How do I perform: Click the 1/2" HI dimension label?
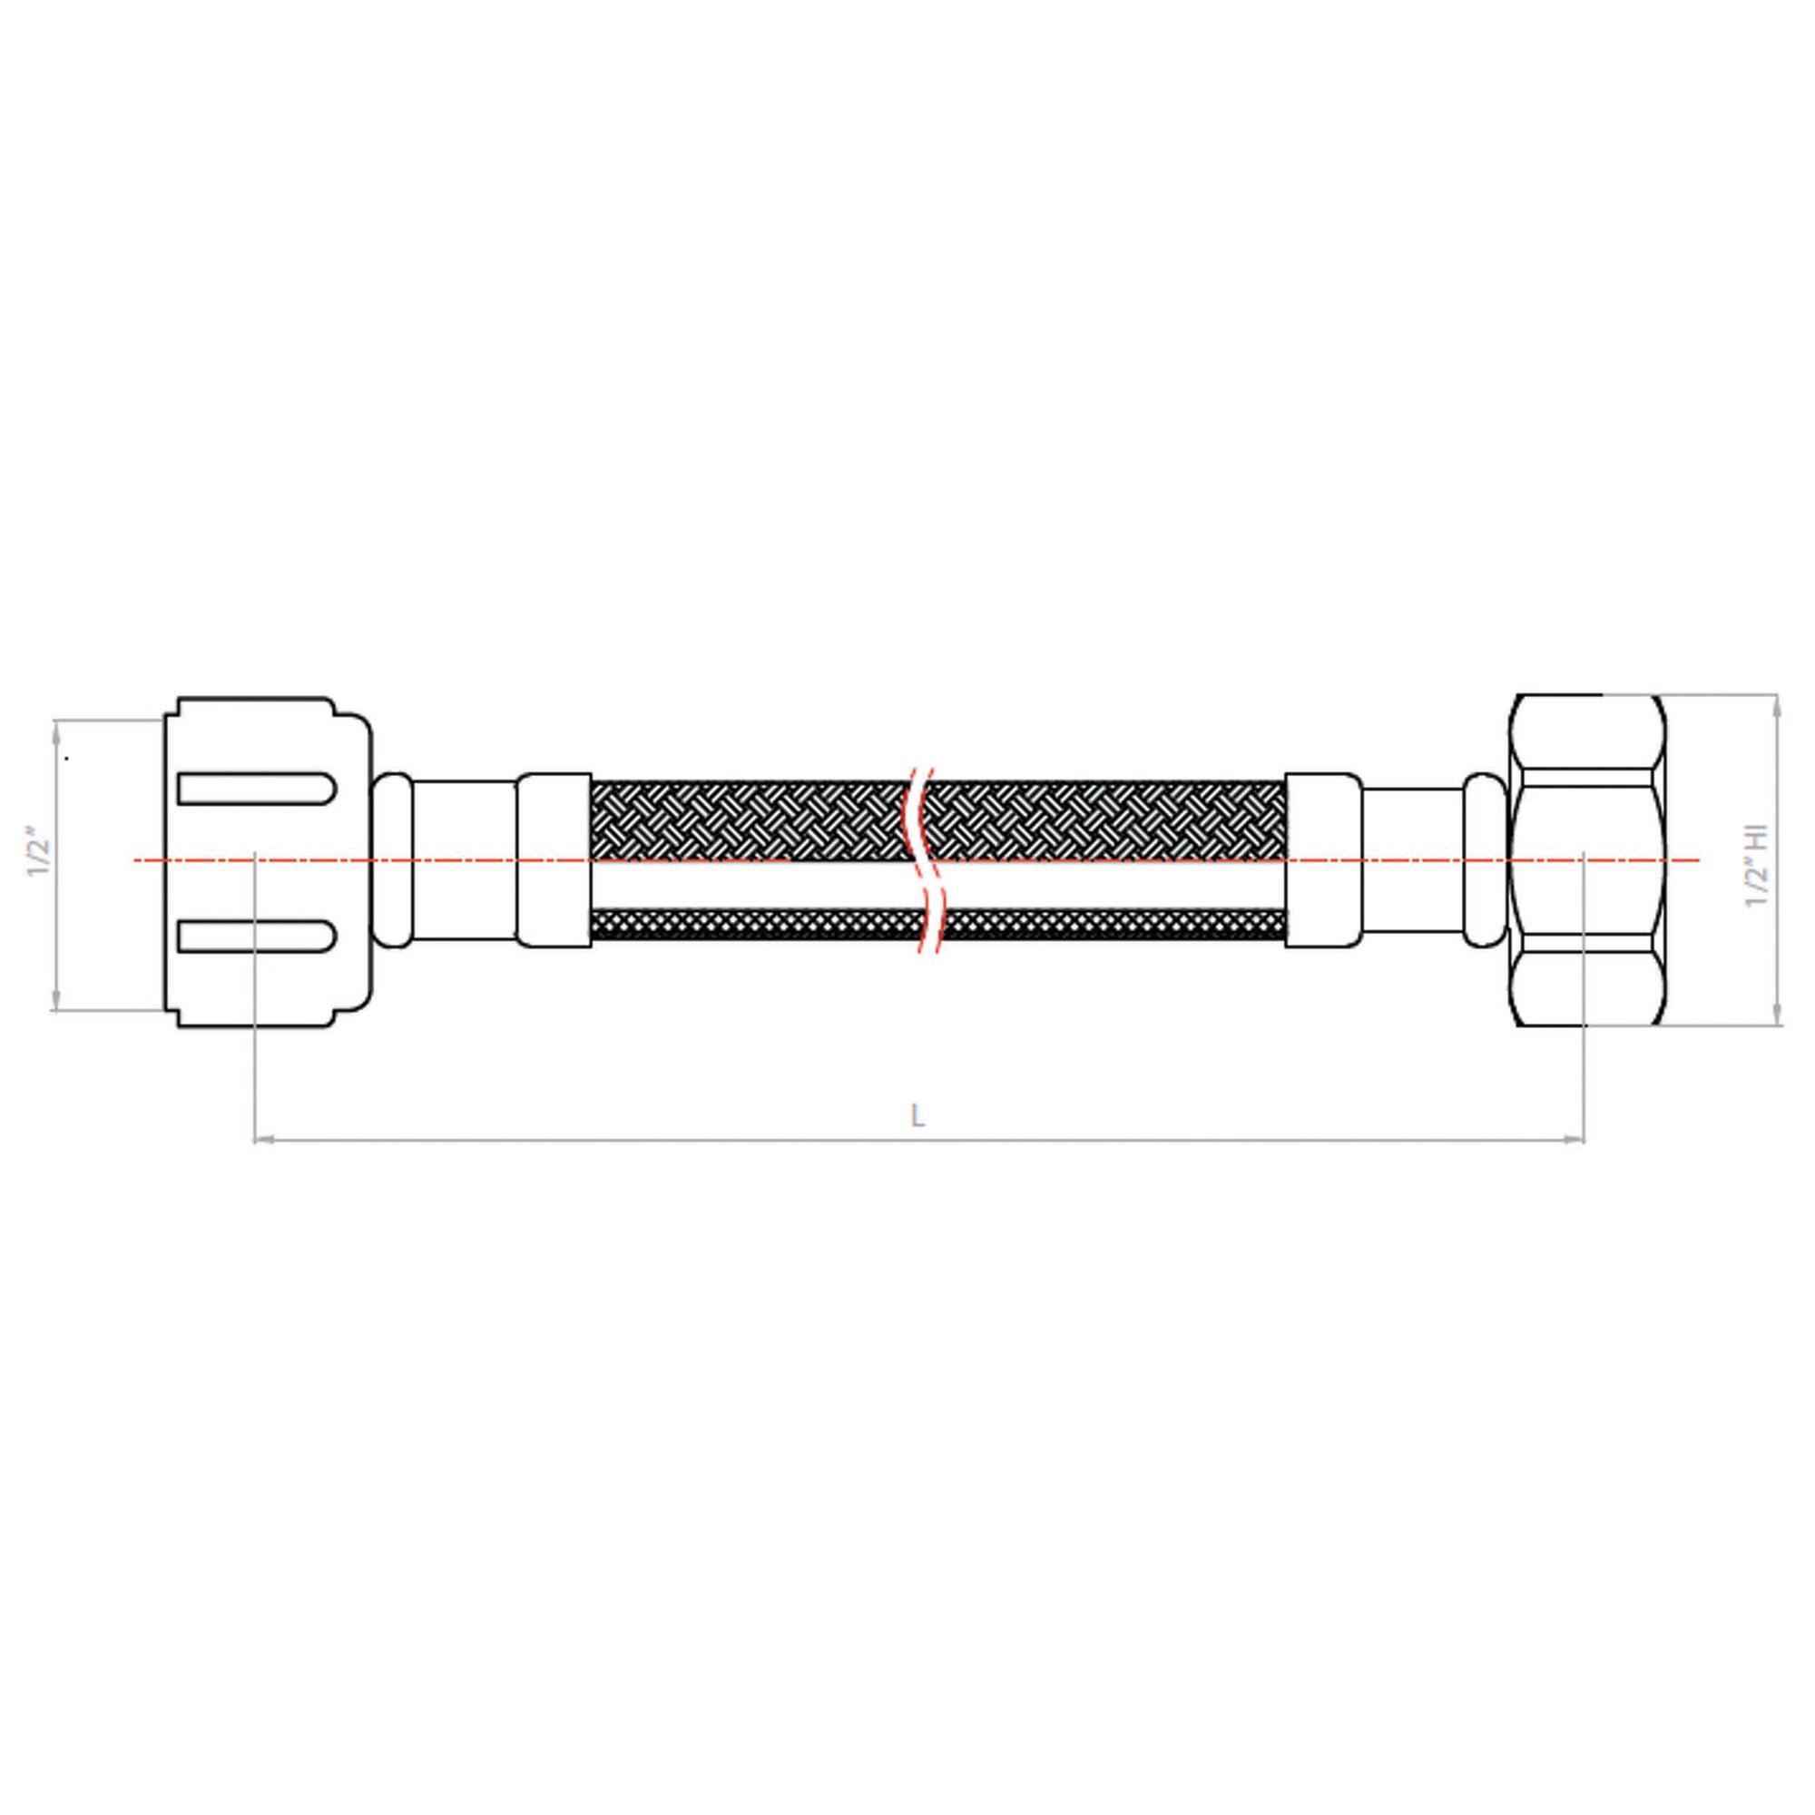coord(1757,867)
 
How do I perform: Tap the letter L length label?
coord(917,1115)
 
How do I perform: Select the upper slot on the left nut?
coord(256,789)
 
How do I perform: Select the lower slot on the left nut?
coord(256,936)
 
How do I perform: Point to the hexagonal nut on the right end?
coord(1586,860)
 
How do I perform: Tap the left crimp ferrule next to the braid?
coord(554,859)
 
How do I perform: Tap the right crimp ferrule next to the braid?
coord(1323,859)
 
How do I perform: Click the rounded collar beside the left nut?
coord(393,859)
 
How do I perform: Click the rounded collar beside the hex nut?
coord(1485,859)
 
